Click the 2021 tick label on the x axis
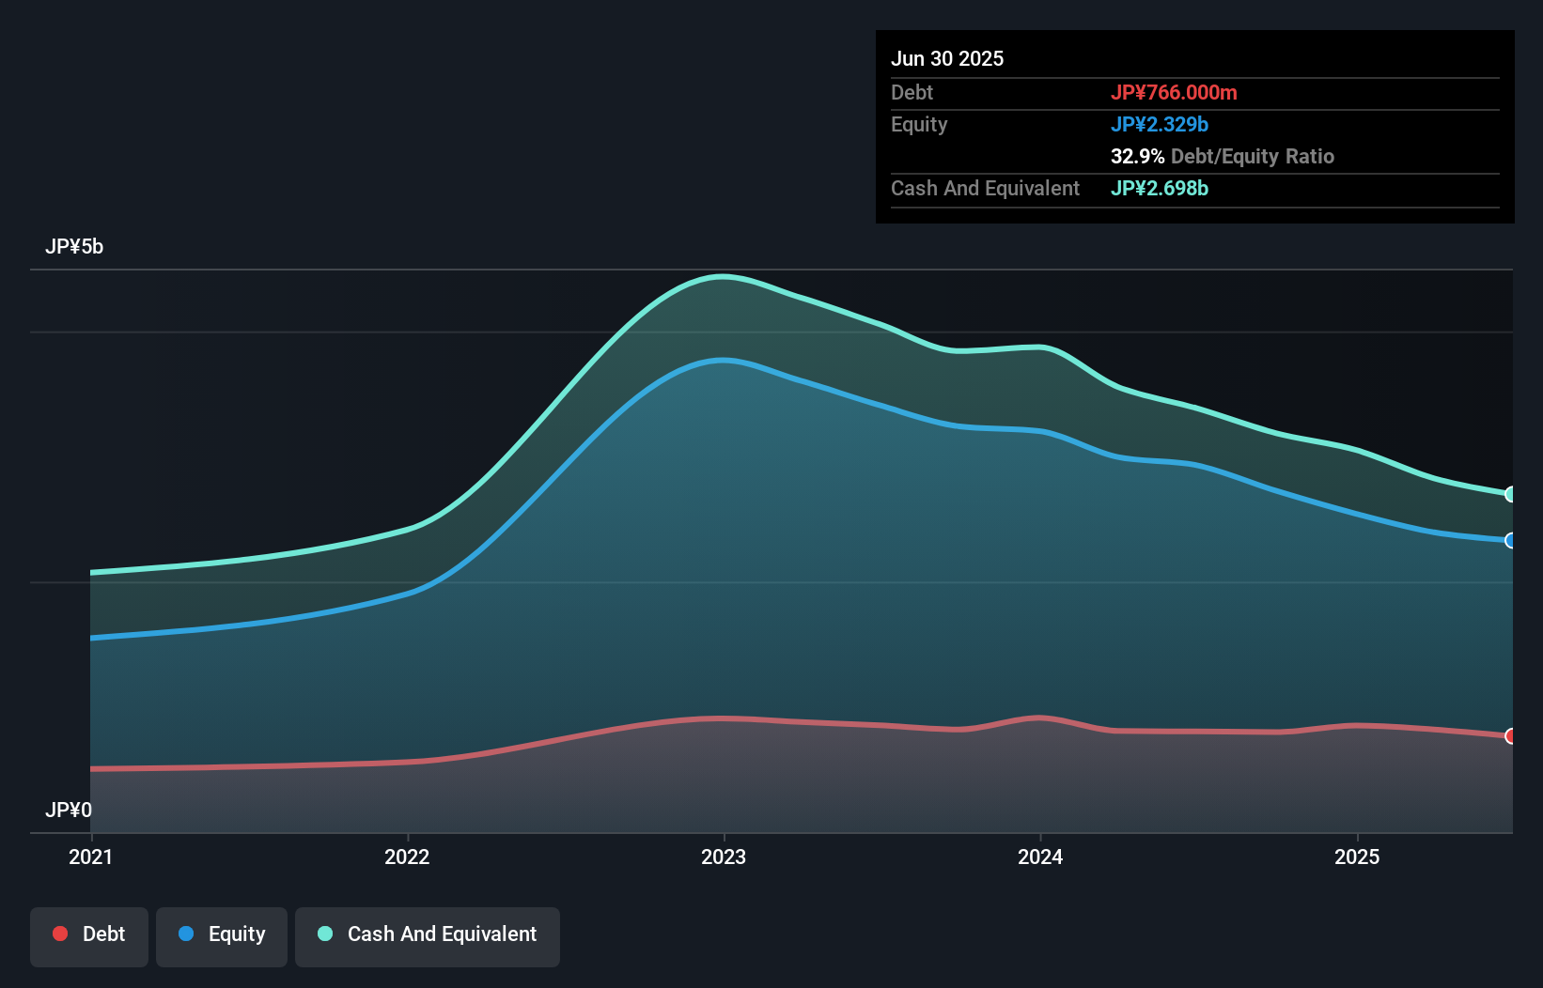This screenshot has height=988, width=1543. coord(90,857)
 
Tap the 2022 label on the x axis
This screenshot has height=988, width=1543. coord(407,857)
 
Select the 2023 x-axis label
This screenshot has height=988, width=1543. coord(724,857)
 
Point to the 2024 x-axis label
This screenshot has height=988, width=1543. coord(1040,857)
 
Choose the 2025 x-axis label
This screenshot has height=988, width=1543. coord(1357,857)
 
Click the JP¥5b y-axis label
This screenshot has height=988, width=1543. coord(74,247)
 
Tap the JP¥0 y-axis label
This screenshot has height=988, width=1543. coord(69,810)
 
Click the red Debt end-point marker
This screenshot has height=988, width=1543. coord(1510,735)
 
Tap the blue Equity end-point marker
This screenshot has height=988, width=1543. coord(1510,540)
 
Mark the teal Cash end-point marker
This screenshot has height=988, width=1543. coord(1510,494)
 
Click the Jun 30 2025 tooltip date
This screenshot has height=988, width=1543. coord(947,58)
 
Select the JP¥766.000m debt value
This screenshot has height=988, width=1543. coord(1174,92)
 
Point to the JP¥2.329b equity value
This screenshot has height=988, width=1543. coord(1159,124)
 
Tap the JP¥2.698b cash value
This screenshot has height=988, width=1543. coord(1159,188)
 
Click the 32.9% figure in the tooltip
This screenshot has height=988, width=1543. coord(1137,156)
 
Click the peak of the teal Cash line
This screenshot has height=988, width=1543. coord(722,276)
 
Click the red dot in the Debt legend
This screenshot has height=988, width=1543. coord(60,934)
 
